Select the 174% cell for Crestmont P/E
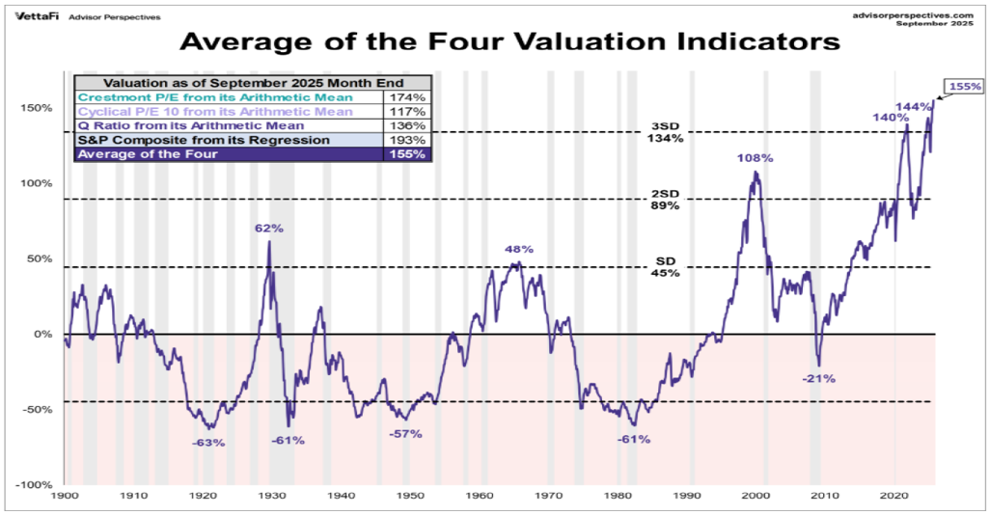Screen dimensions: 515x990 [x=405, y=97]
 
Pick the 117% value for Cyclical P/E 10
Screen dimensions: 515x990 [x=405, y=111]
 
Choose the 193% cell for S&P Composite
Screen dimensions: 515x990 [x=405, y=140]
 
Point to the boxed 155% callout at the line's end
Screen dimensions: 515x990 [x=964, y=86]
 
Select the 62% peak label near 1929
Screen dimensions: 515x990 [x=269, y=229]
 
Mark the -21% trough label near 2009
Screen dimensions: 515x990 [x=818, y=378]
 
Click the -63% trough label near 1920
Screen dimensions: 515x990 [x=207, y=443]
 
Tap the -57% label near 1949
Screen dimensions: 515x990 [x=405, y=433]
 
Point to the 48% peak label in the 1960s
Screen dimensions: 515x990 [x=519, y=249]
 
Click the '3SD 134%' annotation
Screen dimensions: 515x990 [x=664, y=132]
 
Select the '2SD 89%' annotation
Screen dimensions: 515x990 [x=664, y=200]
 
